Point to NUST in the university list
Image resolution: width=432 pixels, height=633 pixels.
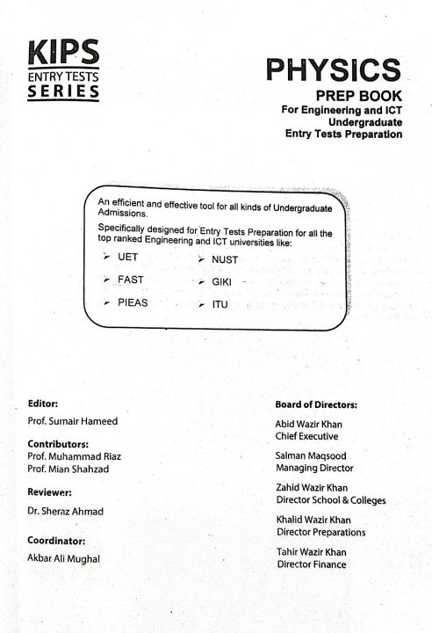(225, 259)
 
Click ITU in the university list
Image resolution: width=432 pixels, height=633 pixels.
(220, 304)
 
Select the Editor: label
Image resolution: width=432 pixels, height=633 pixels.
(43, 404)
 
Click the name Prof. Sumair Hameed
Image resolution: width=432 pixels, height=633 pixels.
(72, 421)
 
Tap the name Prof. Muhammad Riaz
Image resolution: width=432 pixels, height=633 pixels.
(75, 456)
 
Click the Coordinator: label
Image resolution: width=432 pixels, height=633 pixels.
(57, 541)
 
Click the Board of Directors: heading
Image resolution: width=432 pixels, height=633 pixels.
(316, 404)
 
